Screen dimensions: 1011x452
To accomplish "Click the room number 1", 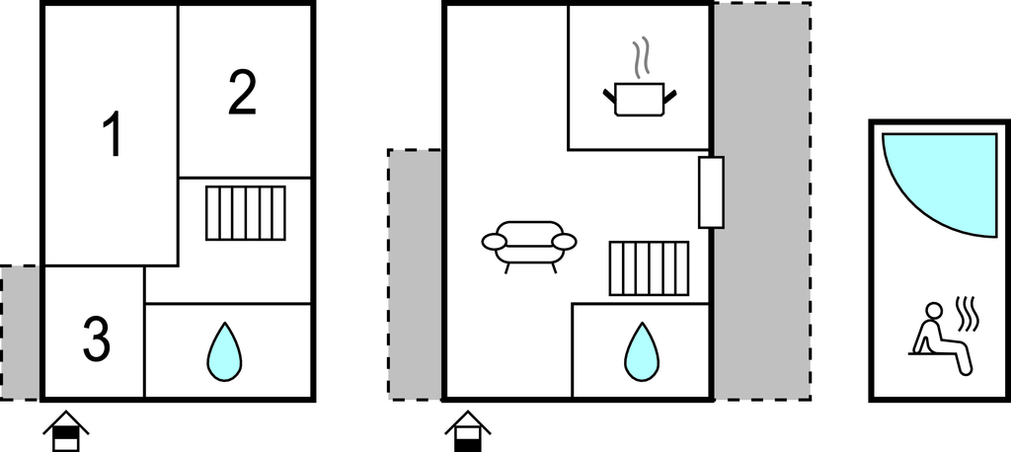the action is [x=114, y=134].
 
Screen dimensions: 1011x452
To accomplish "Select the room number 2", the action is [x=243, y=94].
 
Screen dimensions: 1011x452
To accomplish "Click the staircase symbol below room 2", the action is [x=246, y=213].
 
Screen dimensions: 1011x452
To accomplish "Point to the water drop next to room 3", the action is [x=224, y=352].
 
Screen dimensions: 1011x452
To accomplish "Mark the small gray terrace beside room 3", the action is [x=20, y=333].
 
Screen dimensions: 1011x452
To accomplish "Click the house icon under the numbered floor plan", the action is [x=66, y=430].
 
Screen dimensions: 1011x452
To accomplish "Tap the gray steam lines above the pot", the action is [x=640, y=58].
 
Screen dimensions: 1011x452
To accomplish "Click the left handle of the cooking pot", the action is [x=609, y=97].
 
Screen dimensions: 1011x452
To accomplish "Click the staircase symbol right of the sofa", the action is [x=650, y=268].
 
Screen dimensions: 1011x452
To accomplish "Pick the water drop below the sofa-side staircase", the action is [x=642, y=352].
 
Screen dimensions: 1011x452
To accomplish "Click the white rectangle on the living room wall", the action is [x=711, y=192].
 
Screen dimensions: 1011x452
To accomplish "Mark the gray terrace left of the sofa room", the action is [x=415, y=274].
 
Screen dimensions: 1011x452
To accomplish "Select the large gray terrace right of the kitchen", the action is [x=762, y=201].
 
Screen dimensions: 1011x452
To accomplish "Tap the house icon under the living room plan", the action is [x=468, y=430].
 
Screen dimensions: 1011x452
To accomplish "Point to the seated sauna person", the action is [x=941, y=338].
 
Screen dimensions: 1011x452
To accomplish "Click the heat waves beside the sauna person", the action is [x=968, y=313].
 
